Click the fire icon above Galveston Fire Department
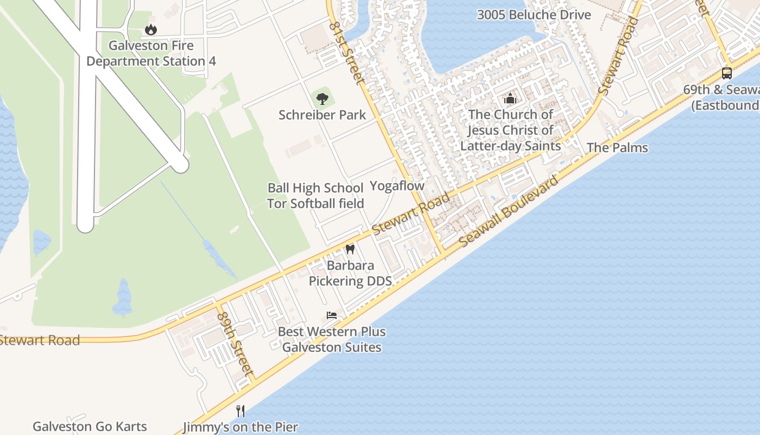tap(151, 29)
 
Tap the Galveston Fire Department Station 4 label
tap(151, 53)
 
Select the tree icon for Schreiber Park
tap(322, 99)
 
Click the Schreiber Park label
tap(322, 115)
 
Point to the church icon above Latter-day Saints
tap(510, 98)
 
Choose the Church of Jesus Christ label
tap(510, 130)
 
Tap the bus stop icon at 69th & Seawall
tap(726, 73)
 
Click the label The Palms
tap(617, 147)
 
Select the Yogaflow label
tap(397, 185)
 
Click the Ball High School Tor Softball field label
tap(315, 196)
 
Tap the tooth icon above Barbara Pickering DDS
tap(350, 250)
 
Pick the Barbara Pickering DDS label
tap(350, 273)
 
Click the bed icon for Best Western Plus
tap(332, 315)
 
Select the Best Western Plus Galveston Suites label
tap(332, 339)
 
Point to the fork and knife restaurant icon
tap(240, 411)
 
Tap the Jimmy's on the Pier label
tap(240, 427)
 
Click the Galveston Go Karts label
tap(90, 426)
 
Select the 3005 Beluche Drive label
tap(534, 15)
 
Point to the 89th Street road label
tap(236, 344)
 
